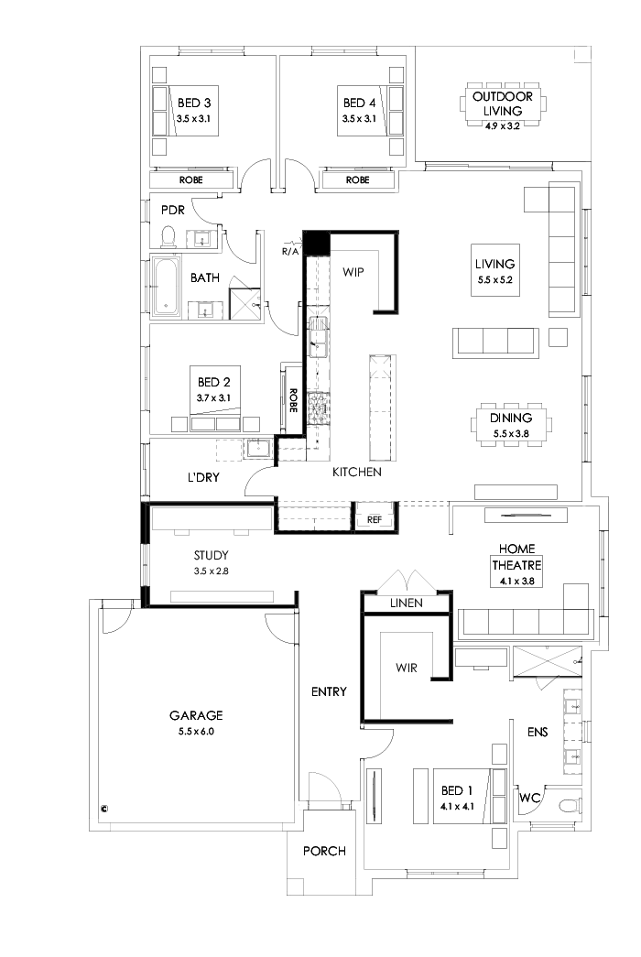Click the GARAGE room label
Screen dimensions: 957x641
[x=196, y=716]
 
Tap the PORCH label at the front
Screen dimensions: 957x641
[x=324, y=851]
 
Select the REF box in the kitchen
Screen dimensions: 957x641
[x=374, y=519]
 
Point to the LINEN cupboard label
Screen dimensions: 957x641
[x=407, y=604]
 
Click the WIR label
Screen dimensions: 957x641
[x=406, y=668]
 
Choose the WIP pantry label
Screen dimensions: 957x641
[x=353, y=272]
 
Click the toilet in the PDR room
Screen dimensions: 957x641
[x=168, y=238]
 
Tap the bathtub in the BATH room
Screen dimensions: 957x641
[x=166, y=288]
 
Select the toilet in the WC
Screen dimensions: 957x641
[x=569, y=806]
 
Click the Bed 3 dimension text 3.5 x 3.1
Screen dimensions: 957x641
[x=193, y=119]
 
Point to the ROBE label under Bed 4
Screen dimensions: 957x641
[x=357, y=180]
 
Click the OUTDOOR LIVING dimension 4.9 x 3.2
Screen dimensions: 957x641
[x=502, y=126]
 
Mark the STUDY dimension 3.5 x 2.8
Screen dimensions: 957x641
[x=211, y=571]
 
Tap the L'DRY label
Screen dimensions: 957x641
[x=202, y=477]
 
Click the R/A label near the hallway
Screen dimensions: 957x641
[x=290, y=250]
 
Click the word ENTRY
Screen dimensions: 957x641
[x=328, y=691]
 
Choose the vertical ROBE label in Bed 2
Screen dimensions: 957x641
[x=293, y=400]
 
